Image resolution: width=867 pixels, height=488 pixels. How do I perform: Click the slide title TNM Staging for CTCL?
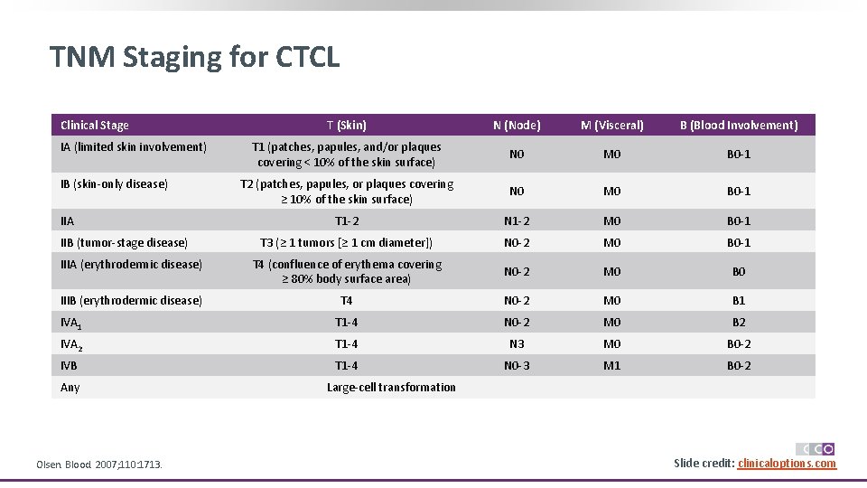click(195, 58)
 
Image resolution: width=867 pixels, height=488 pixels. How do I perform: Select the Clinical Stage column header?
click(95, 126)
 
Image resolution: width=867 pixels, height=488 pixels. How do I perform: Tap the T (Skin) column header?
click(347, 126)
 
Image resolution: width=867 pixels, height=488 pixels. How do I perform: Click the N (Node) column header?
click(517, 126)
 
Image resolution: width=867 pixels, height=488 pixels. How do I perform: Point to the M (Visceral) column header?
click(612, 126)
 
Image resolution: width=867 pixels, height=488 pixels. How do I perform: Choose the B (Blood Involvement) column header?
click(739, 126)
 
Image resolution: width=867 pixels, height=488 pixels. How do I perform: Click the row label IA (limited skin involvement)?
click(134, 147)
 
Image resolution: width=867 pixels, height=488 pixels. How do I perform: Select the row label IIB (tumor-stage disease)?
click(124, 242)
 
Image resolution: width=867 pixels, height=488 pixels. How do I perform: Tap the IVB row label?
click(69, 366)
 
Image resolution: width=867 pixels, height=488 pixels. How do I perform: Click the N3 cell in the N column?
click(517, 344)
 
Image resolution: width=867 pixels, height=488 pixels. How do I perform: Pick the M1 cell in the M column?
click(612, 366)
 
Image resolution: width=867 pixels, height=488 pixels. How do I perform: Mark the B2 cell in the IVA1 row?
click(739, 323)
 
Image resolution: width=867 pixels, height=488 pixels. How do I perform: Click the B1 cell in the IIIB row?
click(739, 301)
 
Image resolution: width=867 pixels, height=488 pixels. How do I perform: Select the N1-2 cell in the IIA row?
click(517, 221)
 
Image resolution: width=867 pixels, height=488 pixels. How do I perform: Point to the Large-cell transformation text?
click(391, 388)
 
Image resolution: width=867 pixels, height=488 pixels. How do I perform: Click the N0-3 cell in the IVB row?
click(517, 366)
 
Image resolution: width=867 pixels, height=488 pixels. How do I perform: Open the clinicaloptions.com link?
click(787, 464)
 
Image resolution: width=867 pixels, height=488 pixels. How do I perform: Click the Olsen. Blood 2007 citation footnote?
click(99, 465)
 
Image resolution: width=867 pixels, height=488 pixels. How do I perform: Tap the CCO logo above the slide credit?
click(815, 449)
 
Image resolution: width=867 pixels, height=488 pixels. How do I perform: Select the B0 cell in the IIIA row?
click(739, 272)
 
